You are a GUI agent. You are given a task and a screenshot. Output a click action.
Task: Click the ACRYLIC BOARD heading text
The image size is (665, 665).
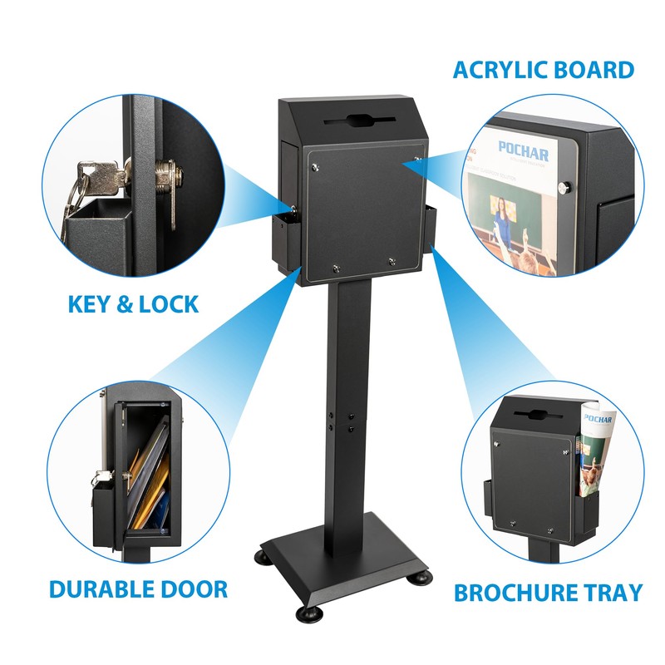pyautogui.click(x=543, y=70)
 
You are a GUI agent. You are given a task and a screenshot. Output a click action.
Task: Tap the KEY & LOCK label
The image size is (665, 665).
pyautogui.click(x=133, y=303)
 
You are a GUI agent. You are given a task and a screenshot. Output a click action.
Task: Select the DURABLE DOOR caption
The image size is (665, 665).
pyautogui.click(x=138, y=589)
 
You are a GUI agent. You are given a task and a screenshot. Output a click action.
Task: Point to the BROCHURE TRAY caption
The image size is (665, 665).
pyautogui.click(x=548, y=593)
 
